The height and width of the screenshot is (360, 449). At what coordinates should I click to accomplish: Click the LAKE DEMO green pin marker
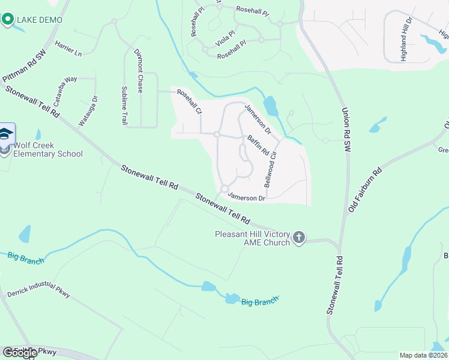8,20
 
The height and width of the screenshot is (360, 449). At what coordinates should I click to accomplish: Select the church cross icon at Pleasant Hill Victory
300,239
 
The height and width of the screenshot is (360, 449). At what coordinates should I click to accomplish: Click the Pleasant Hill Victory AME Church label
253,238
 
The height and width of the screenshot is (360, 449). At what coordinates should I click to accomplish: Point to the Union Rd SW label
346,129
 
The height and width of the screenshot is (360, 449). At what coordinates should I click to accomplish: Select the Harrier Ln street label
68,49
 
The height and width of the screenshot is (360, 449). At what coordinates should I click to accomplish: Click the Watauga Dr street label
87,111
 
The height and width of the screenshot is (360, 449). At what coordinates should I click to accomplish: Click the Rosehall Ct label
188,101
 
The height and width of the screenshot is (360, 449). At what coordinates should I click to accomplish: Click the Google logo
19,353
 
